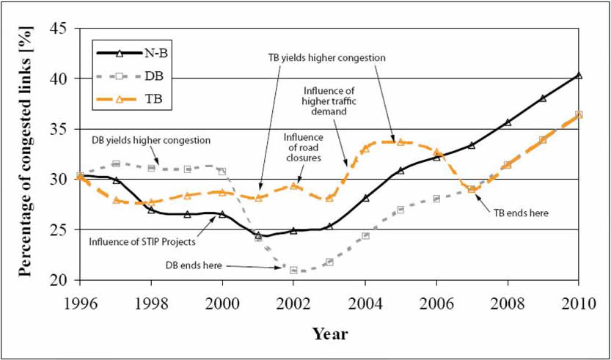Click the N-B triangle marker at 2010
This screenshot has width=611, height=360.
(579, 76)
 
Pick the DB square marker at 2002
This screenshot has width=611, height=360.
(293, 270)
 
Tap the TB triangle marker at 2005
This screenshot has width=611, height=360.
(400, 142)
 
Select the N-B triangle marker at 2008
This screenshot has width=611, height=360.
(508, 122)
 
